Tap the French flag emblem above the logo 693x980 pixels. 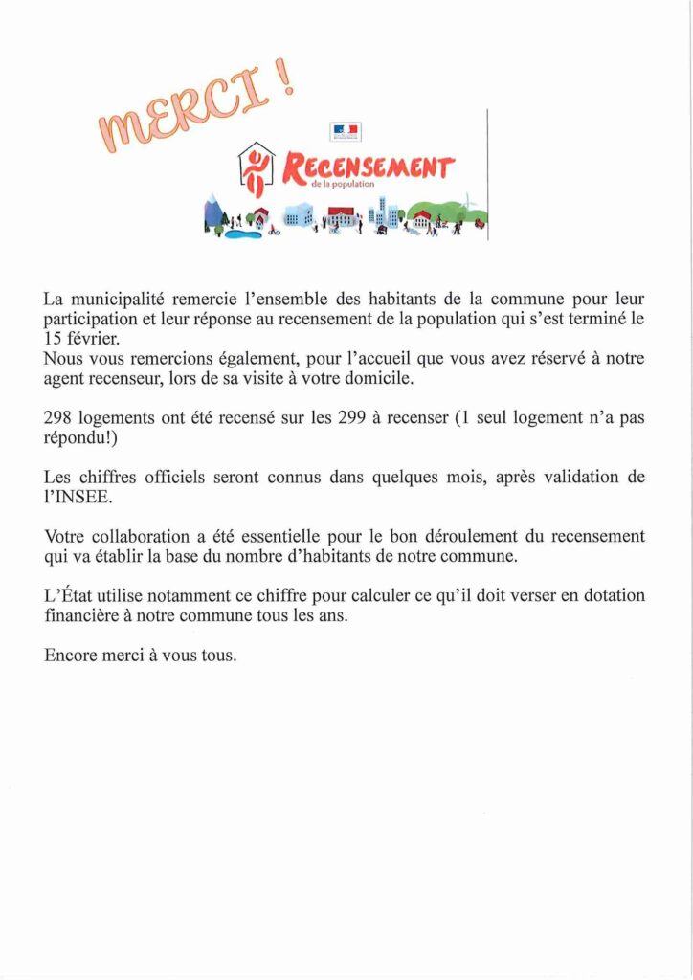(x=345, y=129)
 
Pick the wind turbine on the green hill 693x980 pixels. (x=468, y=202)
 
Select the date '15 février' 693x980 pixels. (x=80, y=338)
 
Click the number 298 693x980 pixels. (x=58, y=418)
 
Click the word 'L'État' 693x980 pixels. (x=68, y=595)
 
